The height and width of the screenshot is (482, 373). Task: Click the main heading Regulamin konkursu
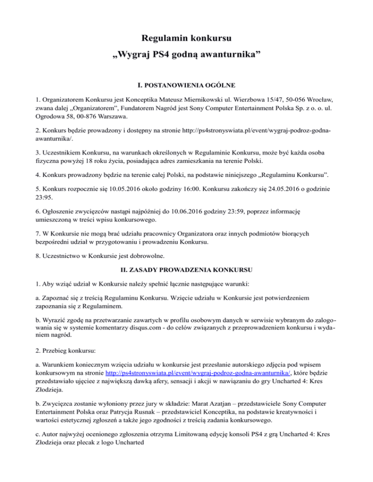tap(186, 37)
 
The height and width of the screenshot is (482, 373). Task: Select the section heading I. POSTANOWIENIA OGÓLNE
tap(186, 86)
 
